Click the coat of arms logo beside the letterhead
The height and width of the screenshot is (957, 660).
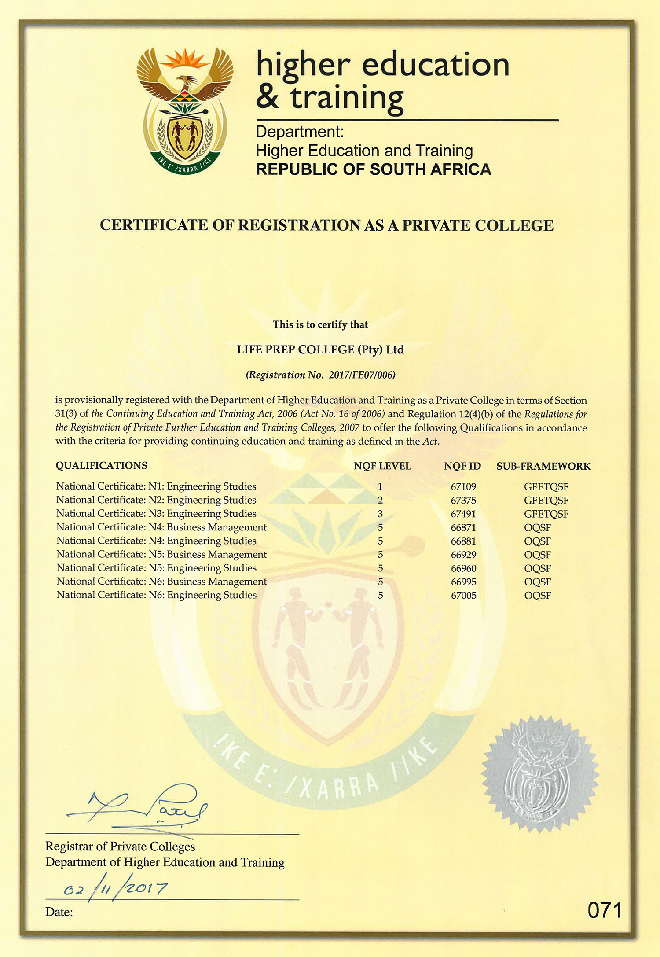coord(185,110)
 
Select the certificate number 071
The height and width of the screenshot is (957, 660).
coord(605,910)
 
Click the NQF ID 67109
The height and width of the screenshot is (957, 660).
coord(463,487)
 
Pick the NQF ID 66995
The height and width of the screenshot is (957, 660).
coord(463,582)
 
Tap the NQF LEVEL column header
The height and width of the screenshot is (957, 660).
coord(382,466)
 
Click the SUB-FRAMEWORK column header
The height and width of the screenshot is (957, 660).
coord(543,466)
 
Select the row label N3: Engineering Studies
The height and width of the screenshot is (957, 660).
coord(156,514)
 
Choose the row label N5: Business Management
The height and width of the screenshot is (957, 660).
coord(161,555)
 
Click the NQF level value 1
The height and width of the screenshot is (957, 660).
coord(380,487)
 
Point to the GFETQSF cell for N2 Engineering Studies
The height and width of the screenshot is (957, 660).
coord(546,501)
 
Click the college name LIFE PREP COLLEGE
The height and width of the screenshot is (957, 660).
coord(295,350)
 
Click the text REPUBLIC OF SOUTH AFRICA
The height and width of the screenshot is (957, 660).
coord(373,169)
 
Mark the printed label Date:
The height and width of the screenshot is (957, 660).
coord(59,912)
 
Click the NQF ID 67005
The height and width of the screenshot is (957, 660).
coord(463,596)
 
